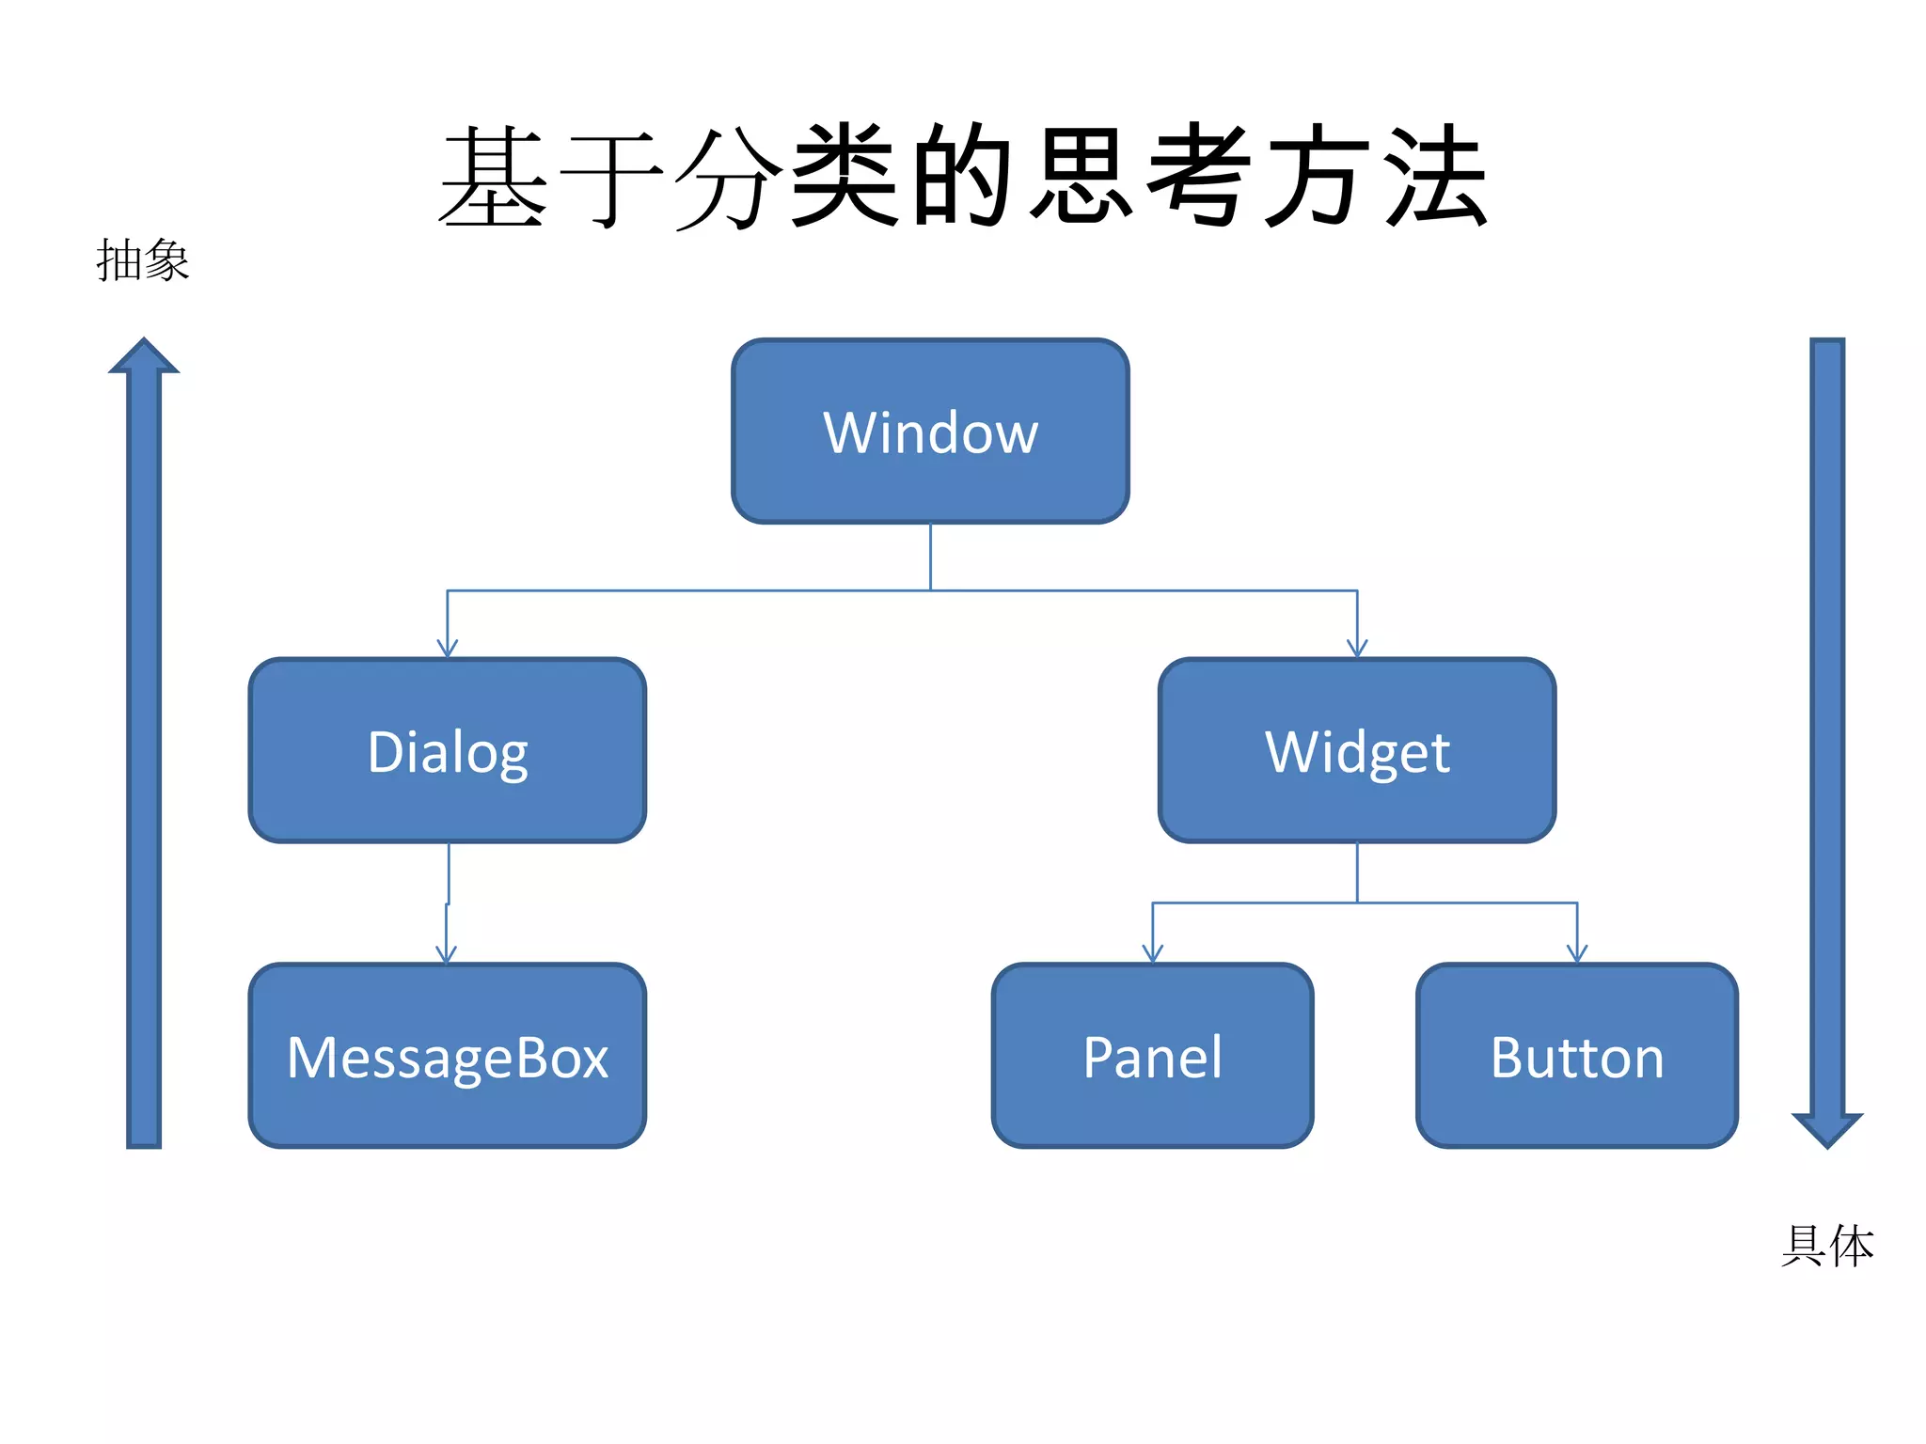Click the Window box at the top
[x=930, y=432]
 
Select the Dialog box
[x=447, y=751]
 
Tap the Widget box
[x=1357, y=751]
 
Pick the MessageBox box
[x=447, y=1057]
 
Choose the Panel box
[x=1152, y=1057]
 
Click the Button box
[x=1577, y=1057]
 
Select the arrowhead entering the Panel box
[x=1153, y=955]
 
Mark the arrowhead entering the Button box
[x=1577, y=955]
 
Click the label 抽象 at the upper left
[x=143, y=260]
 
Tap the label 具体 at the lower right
[x=1827, y=1246]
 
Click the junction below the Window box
[x=930, y=590]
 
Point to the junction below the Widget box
[x=1357, y=902]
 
